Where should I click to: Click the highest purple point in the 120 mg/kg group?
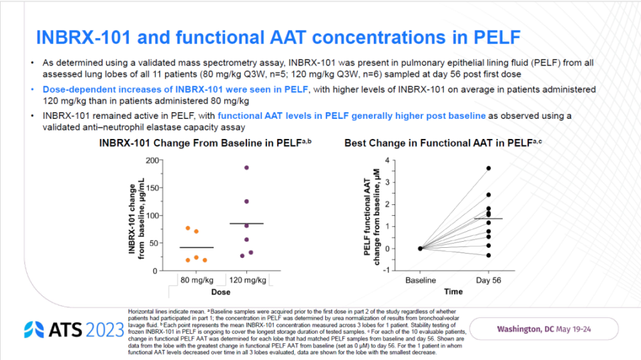tap(246, 168)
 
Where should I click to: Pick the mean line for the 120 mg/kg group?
tap(246, 223)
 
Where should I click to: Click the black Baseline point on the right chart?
tap(420, 248)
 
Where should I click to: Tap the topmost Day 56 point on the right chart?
tap(488, 168)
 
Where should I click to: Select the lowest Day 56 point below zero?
tap(488, 255)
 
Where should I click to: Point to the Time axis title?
tap(454, 292)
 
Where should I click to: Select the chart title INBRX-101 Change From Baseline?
tap(206, 143)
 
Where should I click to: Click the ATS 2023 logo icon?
tap(35, 329)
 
